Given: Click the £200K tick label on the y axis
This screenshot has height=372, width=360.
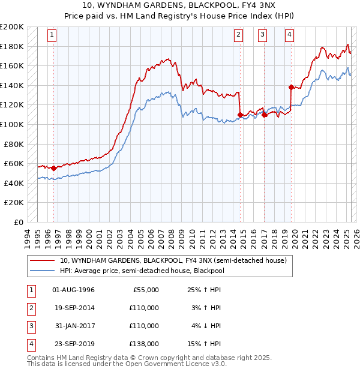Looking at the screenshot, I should click(x=12, y=27).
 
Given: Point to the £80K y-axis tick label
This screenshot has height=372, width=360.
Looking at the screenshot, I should click(x=14, y=144).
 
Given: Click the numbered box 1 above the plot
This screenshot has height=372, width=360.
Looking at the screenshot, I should click(x=53, y=35).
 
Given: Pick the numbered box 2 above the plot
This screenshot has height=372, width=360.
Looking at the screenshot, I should click(x=239, y=35).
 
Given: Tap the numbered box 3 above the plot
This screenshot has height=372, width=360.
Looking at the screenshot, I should click(x=263, y=35).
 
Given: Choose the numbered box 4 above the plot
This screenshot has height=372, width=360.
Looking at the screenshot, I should click(x=290, y=35).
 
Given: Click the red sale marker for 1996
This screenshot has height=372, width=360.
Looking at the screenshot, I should click(x=54, y=169).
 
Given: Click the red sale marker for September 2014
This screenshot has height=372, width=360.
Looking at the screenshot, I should click(x=240, y=115).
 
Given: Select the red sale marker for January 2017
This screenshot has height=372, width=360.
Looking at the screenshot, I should click(x=265, y=115).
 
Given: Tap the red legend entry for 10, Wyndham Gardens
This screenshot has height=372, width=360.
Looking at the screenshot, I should click(x=173, y=260).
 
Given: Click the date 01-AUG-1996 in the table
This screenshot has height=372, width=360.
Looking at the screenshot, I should click(x=74, y=290).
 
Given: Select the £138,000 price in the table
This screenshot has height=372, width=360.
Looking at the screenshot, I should click(x=145, y=344).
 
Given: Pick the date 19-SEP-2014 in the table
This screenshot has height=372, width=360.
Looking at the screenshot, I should click(x=74, y=308).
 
